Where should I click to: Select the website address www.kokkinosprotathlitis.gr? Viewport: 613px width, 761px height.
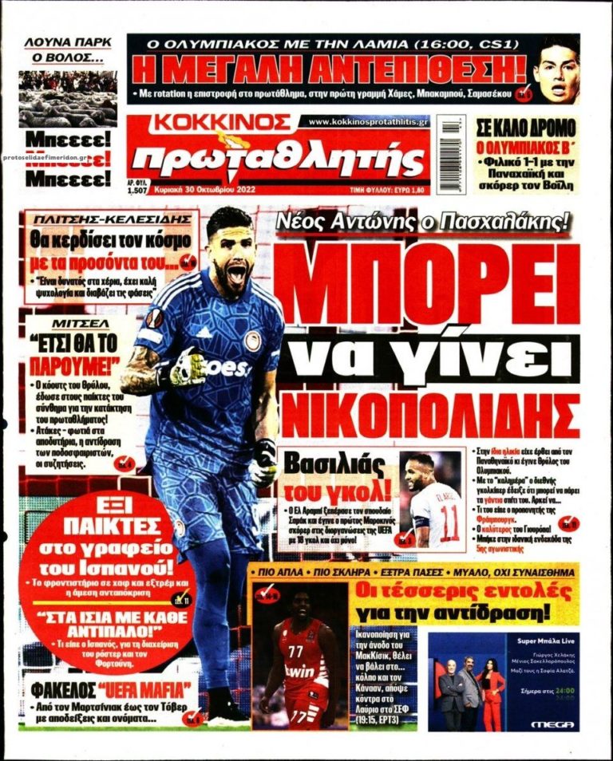[x=367, y=121]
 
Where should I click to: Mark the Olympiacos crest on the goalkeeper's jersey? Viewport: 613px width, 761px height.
[x=252, y=340]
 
